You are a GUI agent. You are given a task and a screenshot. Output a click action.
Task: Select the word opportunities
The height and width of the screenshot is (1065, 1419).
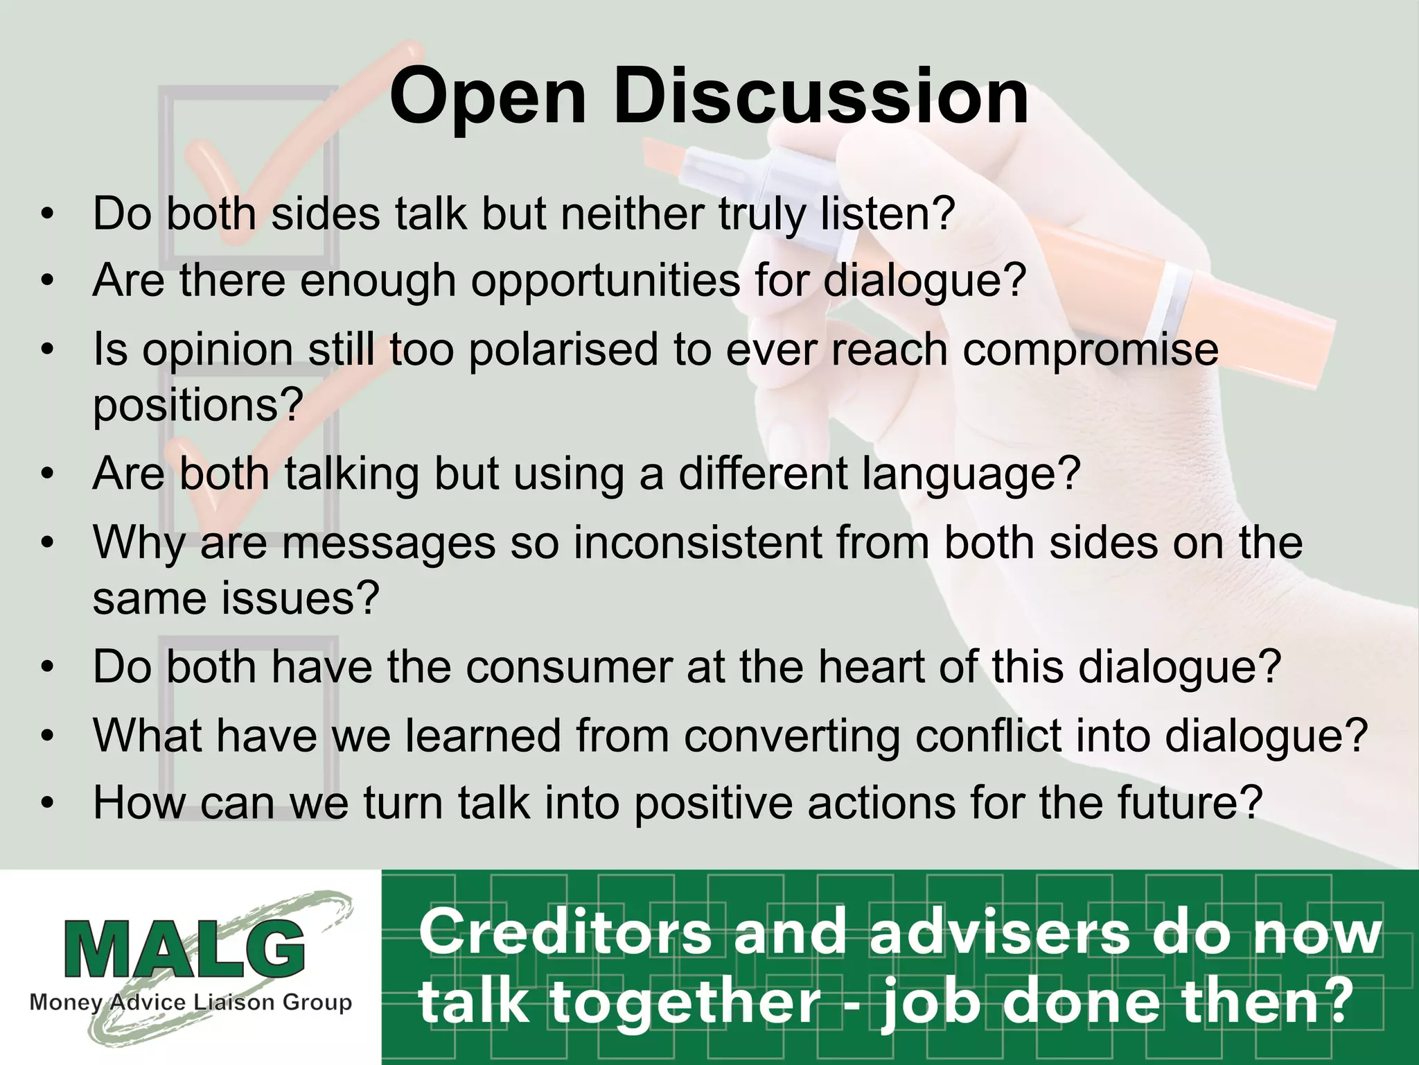pyautogui.click(x=606, y=282)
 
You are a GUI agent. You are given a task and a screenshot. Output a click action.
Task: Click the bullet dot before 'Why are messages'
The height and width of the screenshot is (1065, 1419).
pyautogui.click(x=46, y=543)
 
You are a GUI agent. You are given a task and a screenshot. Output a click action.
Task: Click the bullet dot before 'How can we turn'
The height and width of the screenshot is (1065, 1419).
pyautogui.click(x=46, y=804)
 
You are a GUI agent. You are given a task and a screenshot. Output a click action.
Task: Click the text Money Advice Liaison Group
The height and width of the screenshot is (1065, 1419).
pyautogui.click(x=191, y=1003)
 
